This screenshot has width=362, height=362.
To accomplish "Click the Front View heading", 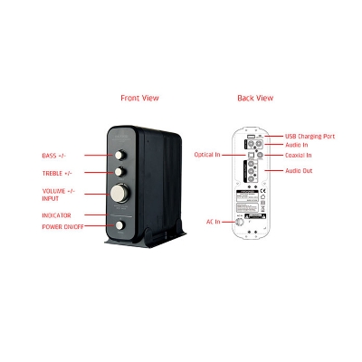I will click(x=139, y=98).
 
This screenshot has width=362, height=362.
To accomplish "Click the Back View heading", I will click(x=254, y=98).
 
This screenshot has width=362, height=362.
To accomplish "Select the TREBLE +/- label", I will click(x=58, y=173).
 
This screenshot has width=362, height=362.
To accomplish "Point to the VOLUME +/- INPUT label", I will click(x=58, y=195).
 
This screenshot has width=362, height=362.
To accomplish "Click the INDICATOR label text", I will click(x=57, y=214).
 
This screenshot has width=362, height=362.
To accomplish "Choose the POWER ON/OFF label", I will click(x=62, y=226).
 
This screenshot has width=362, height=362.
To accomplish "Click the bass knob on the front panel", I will click(x=121, y=155).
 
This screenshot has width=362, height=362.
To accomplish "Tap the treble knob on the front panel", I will click(x=121, y=172).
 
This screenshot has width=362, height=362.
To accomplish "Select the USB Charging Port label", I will click(x=310, y=135).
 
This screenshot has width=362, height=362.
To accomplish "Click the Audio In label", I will click(x=297, y=144).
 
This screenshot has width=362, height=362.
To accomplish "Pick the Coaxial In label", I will click(x=300, y=156).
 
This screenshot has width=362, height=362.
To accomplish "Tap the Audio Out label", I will click(x=299, y=170).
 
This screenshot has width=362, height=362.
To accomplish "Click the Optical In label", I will click(x=207, y=155).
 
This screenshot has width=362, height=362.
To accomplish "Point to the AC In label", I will click(x=214, y=220).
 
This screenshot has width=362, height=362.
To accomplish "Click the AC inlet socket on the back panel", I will click(x=241, y=221).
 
